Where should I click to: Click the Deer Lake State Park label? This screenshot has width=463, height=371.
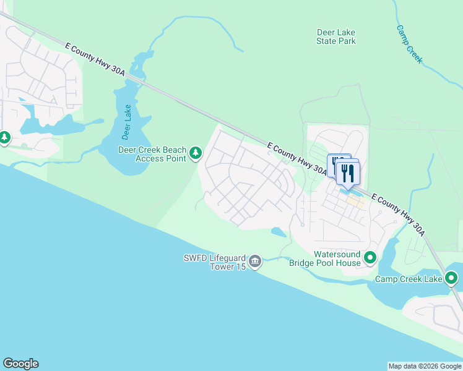[335, 36]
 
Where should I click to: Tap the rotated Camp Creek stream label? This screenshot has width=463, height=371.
[409, 44]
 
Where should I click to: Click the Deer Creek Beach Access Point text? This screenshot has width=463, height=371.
[152, 154]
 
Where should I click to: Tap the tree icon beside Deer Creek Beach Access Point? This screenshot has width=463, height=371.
[196, 153]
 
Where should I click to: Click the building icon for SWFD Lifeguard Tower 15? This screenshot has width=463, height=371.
[255, 262]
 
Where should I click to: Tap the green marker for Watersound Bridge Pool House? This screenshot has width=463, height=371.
[370, 257]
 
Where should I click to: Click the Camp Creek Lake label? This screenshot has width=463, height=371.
[408, 279]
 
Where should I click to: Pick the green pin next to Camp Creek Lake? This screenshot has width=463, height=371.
[451, 279]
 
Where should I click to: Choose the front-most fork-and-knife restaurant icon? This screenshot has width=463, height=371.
[348, 174]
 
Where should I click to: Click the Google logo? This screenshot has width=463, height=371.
[20, 364]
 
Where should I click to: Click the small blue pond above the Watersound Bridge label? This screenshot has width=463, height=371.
[279, 232]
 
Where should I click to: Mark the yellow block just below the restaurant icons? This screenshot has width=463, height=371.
[354, 201]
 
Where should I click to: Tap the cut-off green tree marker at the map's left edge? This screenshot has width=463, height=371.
[4, 137]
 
